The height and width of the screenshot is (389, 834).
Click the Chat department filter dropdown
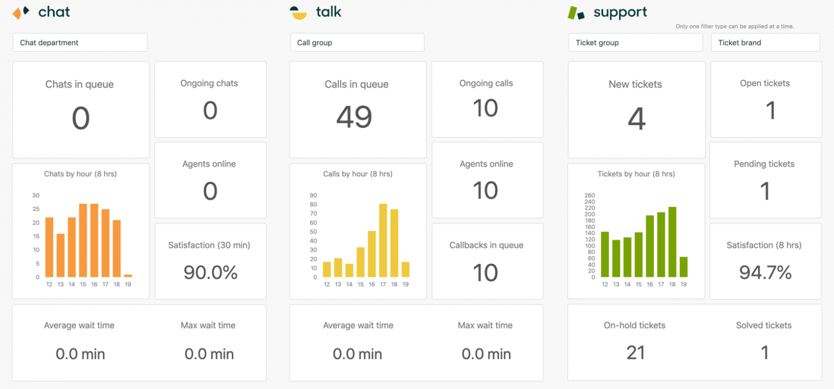(x=80, y=43)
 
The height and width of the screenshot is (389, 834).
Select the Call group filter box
(x=357, y=43)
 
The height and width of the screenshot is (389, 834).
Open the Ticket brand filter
(x=765, y=43)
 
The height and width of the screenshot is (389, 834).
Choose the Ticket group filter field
(x=635, y=43)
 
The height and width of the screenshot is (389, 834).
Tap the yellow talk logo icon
(x=298, y=12)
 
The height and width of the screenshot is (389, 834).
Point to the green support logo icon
(x=576, y=12)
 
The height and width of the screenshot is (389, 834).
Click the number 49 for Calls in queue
(x=354, y=117)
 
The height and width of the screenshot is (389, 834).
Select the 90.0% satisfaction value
(x=211, y=272)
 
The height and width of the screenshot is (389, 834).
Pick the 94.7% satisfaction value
(x=766, y=272)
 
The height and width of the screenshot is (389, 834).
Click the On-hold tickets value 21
(x=635, y=353)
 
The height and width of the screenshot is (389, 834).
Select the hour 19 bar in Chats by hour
(x=128, y=276)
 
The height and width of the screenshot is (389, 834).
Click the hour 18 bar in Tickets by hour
(x=672, y=242)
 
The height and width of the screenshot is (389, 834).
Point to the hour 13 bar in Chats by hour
(x=60, y=256)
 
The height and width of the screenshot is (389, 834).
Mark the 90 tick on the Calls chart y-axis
(x=313, y=195)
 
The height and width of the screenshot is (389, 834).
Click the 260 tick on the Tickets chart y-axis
(x=590, y=195)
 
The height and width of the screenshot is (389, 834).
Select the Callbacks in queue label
(x=486, y=245)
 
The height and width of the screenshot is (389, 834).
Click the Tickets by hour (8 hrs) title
(x=636, y=174)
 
